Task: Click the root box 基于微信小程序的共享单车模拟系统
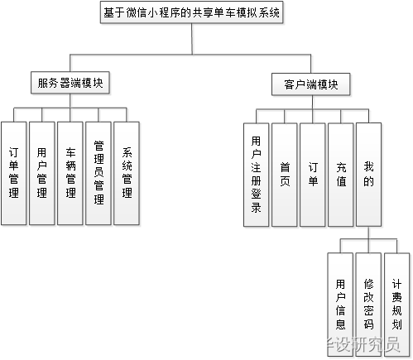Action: coord(191,13)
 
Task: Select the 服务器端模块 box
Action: coord(72,83)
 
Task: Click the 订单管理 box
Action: coord(13,173)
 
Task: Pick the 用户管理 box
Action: coord(41,173)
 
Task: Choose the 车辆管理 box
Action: coord(70,173)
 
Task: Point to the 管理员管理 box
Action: coord(98,173)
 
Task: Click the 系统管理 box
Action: coord(126,173)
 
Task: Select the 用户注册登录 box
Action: coord(256,175)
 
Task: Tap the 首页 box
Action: coord(284,175)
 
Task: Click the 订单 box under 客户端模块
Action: coord(312,175)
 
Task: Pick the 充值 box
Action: coord(340,175)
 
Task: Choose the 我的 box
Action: coord(368,175)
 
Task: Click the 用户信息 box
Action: coord(340,294)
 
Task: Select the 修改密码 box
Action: coord(368,294)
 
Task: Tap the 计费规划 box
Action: coord(396,294)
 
